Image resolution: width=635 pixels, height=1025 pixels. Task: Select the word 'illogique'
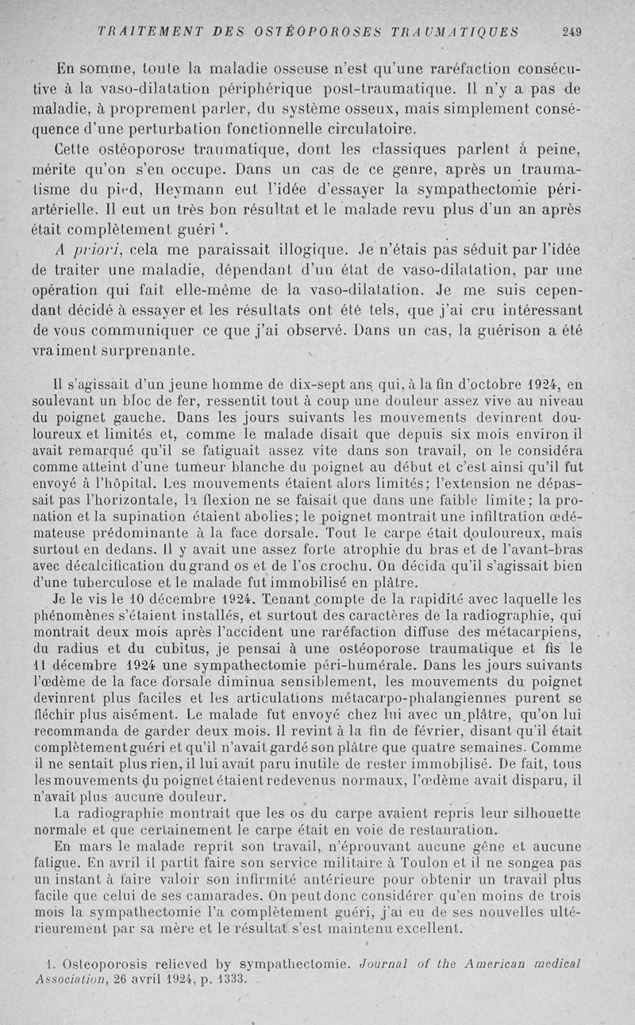click(x=306, y=251)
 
